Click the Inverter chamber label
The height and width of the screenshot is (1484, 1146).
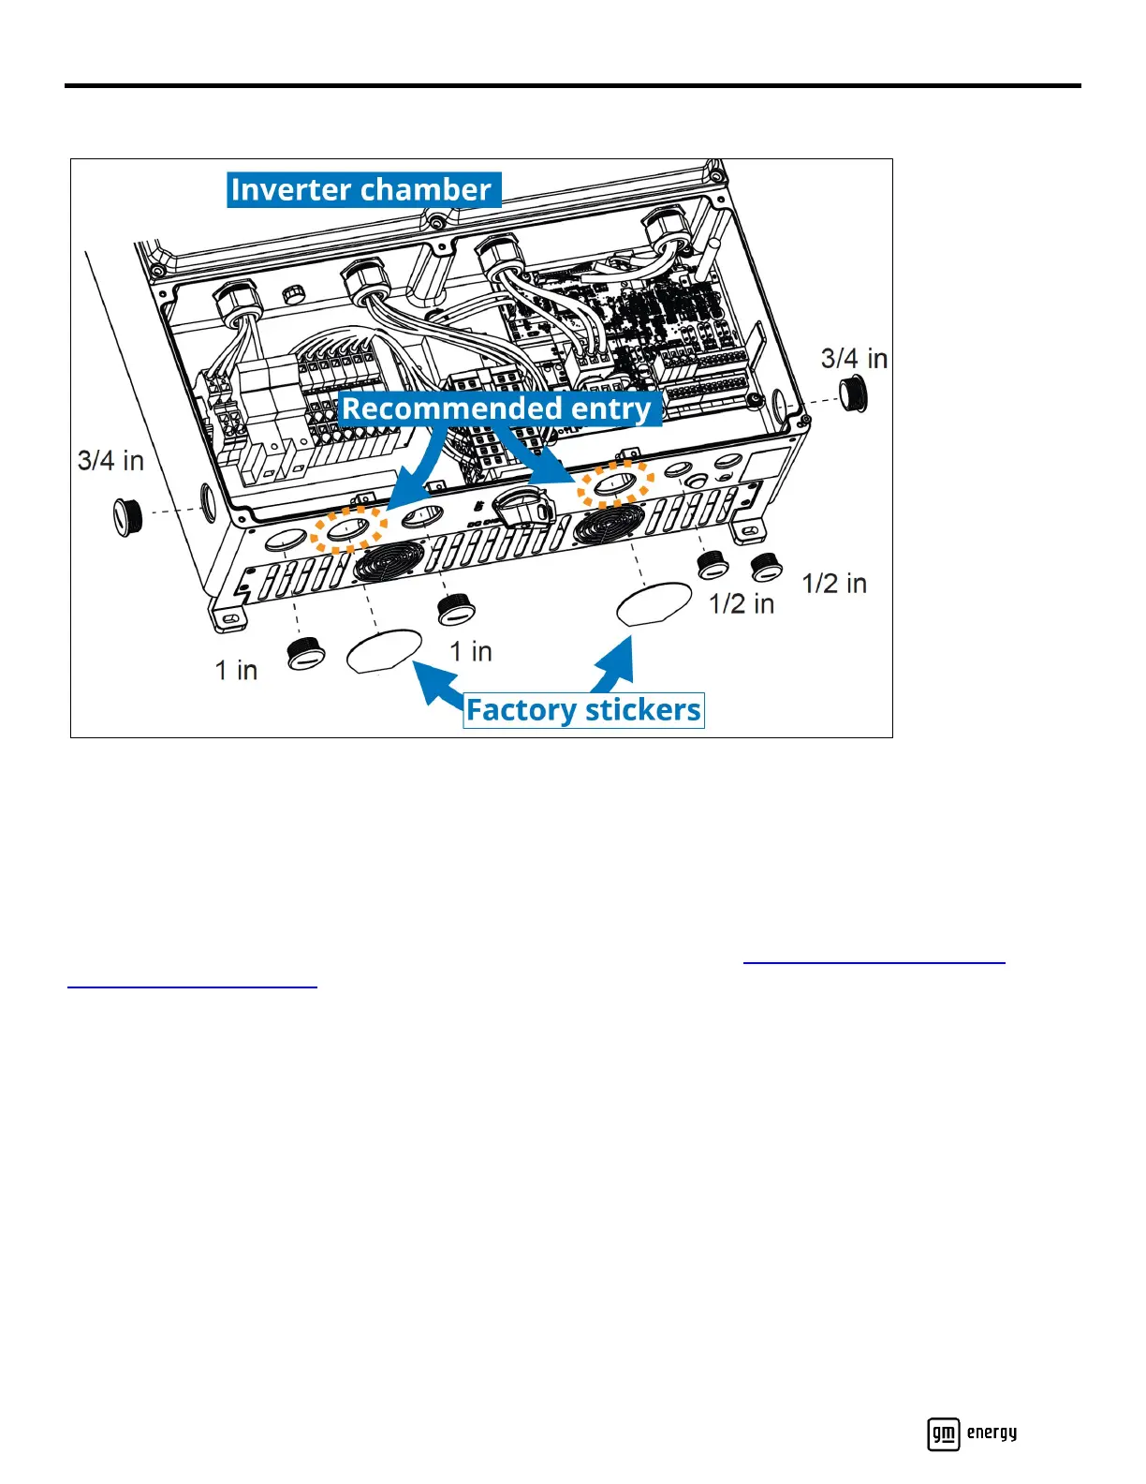point(361,190)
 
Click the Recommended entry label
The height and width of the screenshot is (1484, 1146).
point(497,408)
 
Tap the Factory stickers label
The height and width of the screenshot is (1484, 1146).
point(583,710)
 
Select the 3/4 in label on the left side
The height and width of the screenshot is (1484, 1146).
point(110,461)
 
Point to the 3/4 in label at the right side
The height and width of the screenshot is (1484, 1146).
point(854,359)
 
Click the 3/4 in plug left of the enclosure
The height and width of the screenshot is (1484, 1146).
point(127,517)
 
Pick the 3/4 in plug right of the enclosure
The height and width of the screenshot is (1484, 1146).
point(853,393)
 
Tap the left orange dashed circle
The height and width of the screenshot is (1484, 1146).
point(348,530)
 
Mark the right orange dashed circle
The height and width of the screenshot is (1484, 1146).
point(614,485)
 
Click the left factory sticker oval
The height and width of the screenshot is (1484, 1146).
point(384,649)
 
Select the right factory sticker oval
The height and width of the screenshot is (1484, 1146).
point(654,604)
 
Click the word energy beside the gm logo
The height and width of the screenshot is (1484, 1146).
point(992,1432)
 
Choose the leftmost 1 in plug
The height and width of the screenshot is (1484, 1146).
point(305,653)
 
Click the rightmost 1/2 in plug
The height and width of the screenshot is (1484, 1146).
point(766,567)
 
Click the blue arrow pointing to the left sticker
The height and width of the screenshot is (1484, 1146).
point(434,682)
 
